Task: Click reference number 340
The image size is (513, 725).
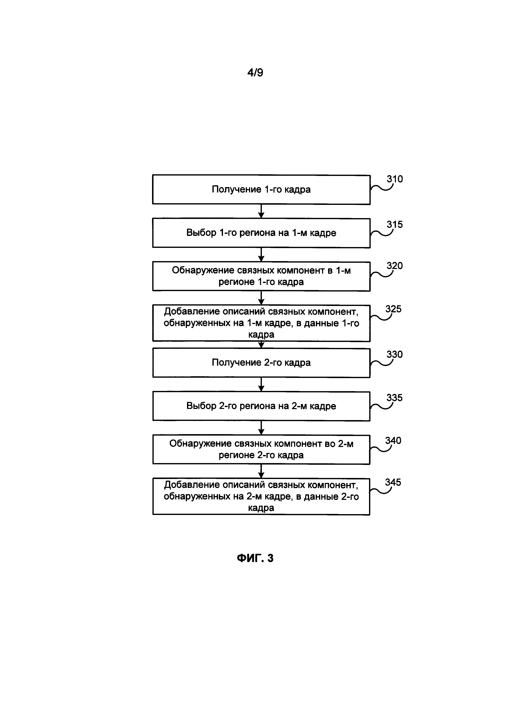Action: click(393, 441)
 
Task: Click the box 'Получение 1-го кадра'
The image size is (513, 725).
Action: click(261, 189)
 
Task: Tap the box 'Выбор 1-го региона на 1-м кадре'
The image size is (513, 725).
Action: click(261, 233)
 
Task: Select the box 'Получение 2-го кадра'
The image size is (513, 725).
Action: click(261, 363)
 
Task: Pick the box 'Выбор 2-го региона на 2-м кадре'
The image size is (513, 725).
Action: click(261, 406)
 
